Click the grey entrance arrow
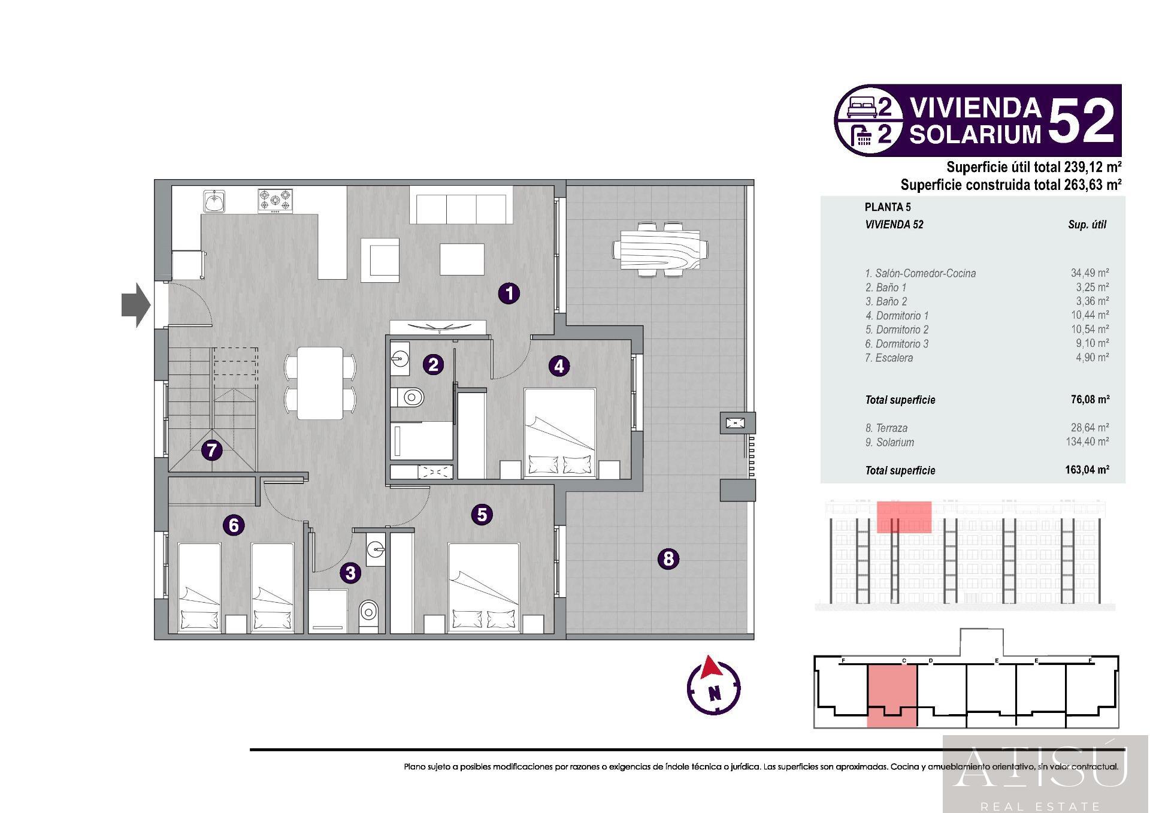[136, 306]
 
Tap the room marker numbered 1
[509, 294]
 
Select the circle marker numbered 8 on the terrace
[668, 559]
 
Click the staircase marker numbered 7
[211, 450]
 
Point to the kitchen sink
[214, 202]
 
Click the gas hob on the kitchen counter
[276, 201]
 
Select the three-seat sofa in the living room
[461, 204]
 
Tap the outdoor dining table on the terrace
[660, 249]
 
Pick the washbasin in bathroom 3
[376, 548]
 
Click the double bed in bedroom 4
[560, 433]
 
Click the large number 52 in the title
[1081, 120]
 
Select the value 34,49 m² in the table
[1090, 273]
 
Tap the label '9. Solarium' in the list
[889, 443]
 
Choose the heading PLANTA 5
[888, 207]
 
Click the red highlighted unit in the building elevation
[904, 517]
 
